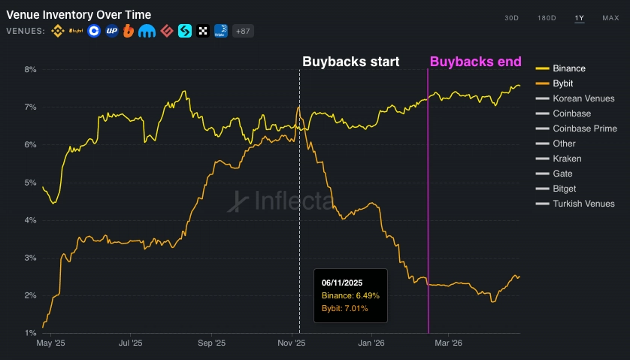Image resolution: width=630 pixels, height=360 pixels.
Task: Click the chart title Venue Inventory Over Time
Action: click(78, 14)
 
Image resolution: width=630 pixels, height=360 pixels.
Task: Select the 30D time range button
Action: click(511, 17)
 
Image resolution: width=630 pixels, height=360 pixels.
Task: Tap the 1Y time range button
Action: click(579, 17)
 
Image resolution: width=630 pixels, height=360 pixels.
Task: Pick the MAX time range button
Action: click(610, 17)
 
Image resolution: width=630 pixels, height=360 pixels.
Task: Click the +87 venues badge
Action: click(243, 31)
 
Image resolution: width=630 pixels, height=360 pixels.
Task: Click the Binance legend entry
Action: click(568, 68)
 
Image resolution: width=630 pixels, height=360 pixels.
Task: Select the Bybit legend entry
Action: click(563, 83)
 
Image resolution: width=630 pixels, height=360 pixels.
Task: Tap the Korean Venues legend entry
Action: click(583, 98)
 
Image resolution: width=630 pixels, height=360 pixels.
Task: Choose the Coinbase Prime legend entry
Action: click(584, 129)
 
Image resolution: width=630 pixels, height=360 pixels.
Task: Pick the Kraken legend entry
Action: click(567, 159)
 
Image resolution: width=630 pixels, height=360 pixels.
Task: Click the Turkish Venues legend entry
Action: click(583, 204)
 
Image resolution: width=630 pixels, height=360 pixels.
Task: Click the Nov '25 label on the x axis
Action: click(291, 343)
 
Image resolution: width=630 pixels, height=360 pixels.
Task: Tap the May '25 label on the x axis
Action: click(51, 343)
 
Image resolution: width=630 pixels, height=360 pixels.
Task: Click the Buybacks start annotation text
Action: click(350, 62)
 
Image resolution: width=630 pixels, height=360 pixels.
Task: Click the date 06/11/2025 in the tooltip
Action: click(342, 283)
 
